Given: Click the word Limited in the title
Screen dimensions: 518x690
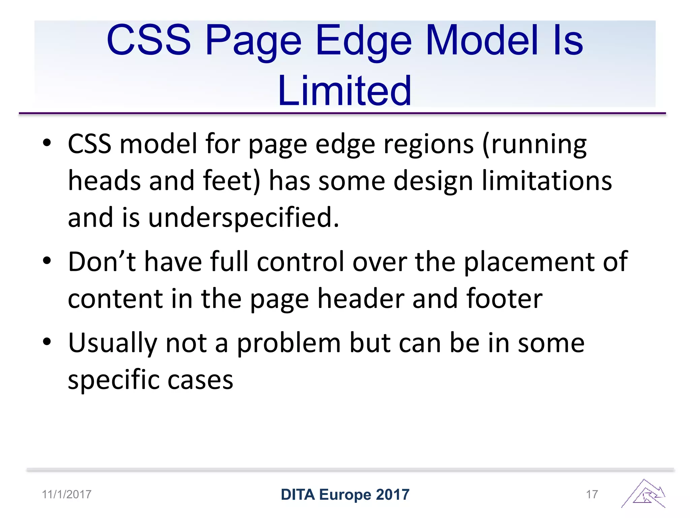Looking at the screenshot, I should click(344, 90).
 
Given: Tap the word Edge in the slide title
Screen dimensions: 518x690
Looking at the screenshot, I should click(364, 40).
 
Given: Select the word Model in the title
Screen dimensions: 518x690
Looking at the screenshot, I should click(482, 40).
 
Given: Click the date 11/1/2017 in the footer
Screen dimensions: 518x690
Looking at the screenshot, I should click(67, 494).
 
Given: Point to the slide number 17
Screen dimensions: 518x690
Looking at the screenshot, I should click(592, 494).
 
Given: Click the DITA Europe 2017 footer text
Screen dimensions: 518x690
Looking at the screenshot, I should click(345, 495).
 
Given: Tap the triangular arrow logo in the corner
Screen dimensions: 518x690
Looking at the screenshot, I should click(644, 494).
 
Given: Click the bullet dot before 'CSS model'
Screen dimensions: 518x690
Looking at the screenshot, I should click(47, 143).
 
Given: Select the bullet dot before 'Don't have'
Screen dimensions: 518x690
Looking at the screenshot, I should click(47, 261).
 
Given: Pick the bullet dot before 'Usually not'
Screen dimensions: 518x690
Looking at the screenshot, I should click(47, 342).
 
